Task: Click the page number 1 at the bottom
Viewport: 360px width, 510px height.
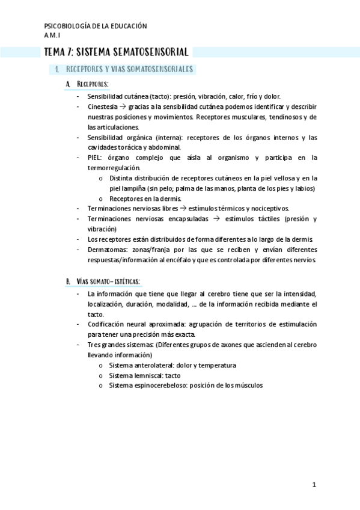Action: click(x=314, y=485)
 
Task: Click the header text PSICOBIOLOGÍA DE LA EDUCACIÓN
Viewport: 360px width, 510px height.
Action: click(x=96, y=26)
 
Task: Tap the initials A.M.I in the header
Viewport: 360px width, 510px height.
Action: click(x=53, y=36)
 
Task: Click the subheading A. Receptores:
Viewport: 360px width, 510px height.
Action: click(x=87, y=84)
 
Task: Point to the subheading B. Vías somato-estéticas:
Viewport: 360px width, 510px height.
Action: click(x=103, y=281)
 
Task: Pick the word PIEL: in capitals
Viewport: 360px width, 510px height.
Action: click(x=96, y=158)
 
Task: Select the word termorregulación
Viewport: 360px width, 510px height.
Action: click(x=113, y=168)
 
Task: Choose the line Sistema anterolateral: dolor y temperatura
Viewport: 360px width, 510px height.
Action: click(x=172, y=365)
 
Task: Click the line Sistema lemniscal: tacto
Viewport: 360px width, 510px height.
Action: click(x=145, y=375)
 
